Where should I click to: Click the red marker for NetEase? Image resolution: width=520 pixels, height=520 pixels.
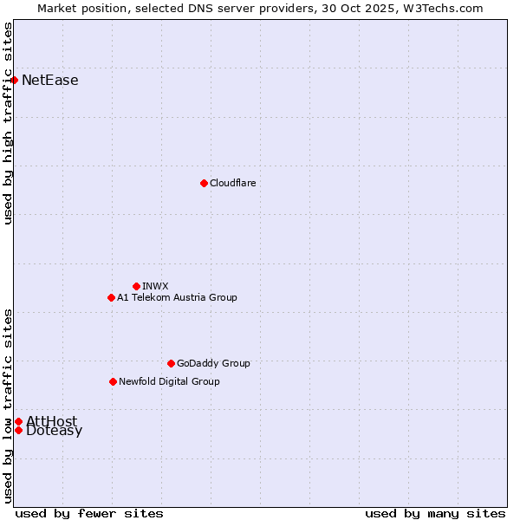[x=14, y=81]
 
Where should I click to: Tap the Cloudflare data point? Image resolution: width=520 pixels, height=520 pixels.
[x=204, y=183]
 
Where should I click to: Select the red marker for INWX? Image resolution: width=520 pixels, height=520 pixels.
[x=136, y=286]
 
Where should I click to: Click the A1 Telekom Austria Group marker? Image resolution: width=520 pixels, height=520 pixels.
[x=111, y=297]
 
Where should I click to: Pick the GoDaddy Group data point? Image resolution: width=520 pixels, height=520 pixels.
[x=171, y=363]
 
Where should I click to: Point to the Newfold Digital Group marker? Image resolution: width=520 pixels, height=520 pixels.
[x=113, y=381]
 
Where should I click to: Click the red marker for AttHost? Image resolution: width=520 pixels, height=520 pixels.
[x=18, y=421]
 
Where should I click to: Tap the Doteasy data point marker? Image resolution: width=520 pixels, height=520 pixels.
[x=18, y=430]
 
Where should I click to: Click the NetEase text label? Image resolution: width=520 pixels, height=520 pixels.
[x=50, y=81]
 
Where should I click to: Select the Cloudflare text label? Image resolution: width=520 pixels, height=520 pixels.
[x=233, y=183]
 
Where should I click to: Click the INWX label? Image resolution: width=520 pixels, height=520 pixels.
[x=156, y=286]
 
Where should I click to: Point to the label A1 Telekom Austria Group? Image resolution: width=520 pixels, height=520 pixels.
[x=177, y=297]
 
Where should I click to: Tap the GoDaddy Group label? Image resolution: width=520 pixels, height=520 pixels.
[x=213, y=363]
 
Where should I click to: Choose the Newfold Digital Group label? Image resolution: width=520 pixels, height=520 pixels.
[x=169, y=381]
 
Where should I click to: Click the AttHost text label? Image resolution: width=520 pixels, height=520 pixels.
[x=52, y=421]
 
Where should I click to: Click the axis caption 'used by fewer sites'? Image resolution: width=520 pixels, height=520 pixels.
[x=89, y=513]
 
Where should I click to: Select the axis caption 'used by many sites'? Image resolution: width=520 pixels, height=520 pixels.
[x=435, y=513]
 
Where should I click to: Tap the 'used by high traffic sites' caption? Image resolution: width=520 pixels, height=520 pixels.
[x=9, y=124]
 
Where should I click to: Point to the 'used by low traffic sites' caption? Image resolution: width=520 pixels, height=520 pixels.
[x=9, y=406]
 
